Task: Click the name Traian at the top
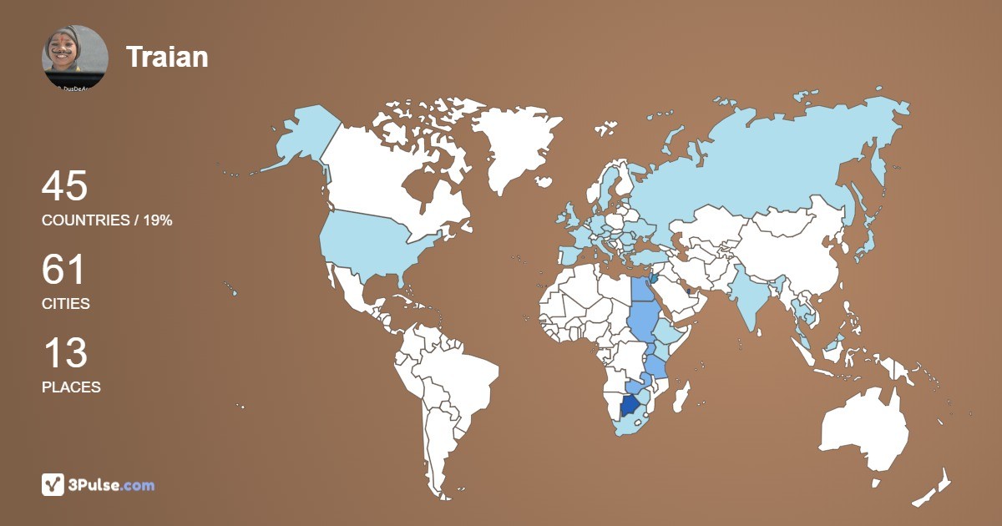coord(167,57)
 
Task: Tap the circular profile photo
coord(75,58)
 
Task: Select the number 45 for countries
coord(64,186)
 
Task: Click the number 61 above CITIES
coord(64,271)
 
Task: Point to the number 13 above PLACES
coord(64,353)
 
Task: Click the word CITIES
coord(66,304)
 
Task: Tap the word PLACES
coord(71,387)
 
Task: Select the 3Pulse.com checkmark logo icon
coord(53,484)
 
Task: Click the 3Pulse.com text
coord(112,484)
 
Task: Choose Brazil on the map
coord(455,376)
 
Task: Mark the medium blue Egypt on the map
coord(642,290)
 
